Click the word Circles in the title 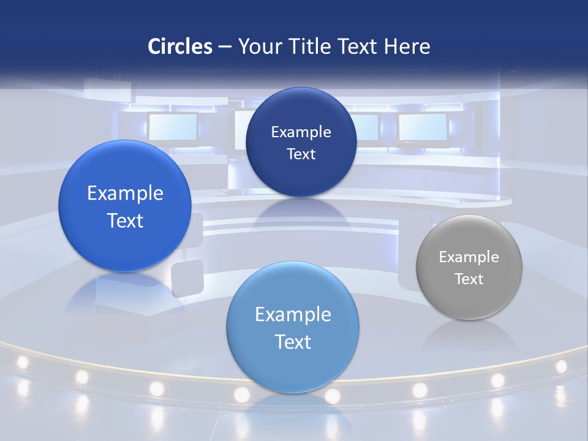click(x=180, y=47)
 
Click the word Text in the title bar click(x=362, y=47)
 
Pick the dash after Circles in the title click(x=225, y=47)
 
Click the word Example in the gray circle click(x=469, y=257)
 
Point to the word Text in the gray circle click(x=469, y=279)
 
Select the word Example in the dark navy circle click(x=301, y=132)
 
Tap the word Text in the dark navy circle click(x=301, y=154)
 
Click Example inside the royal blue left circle click(x=125, y=194)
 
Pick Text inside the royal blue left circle click(x=125, y=221)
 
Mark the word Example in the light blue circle click(x=293, y=315)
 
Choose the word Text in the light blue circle click(x=293, y=342)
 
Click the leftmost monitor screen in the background click(x=173, y=127)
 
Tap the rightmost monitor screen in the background click(x=423, y=127)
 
